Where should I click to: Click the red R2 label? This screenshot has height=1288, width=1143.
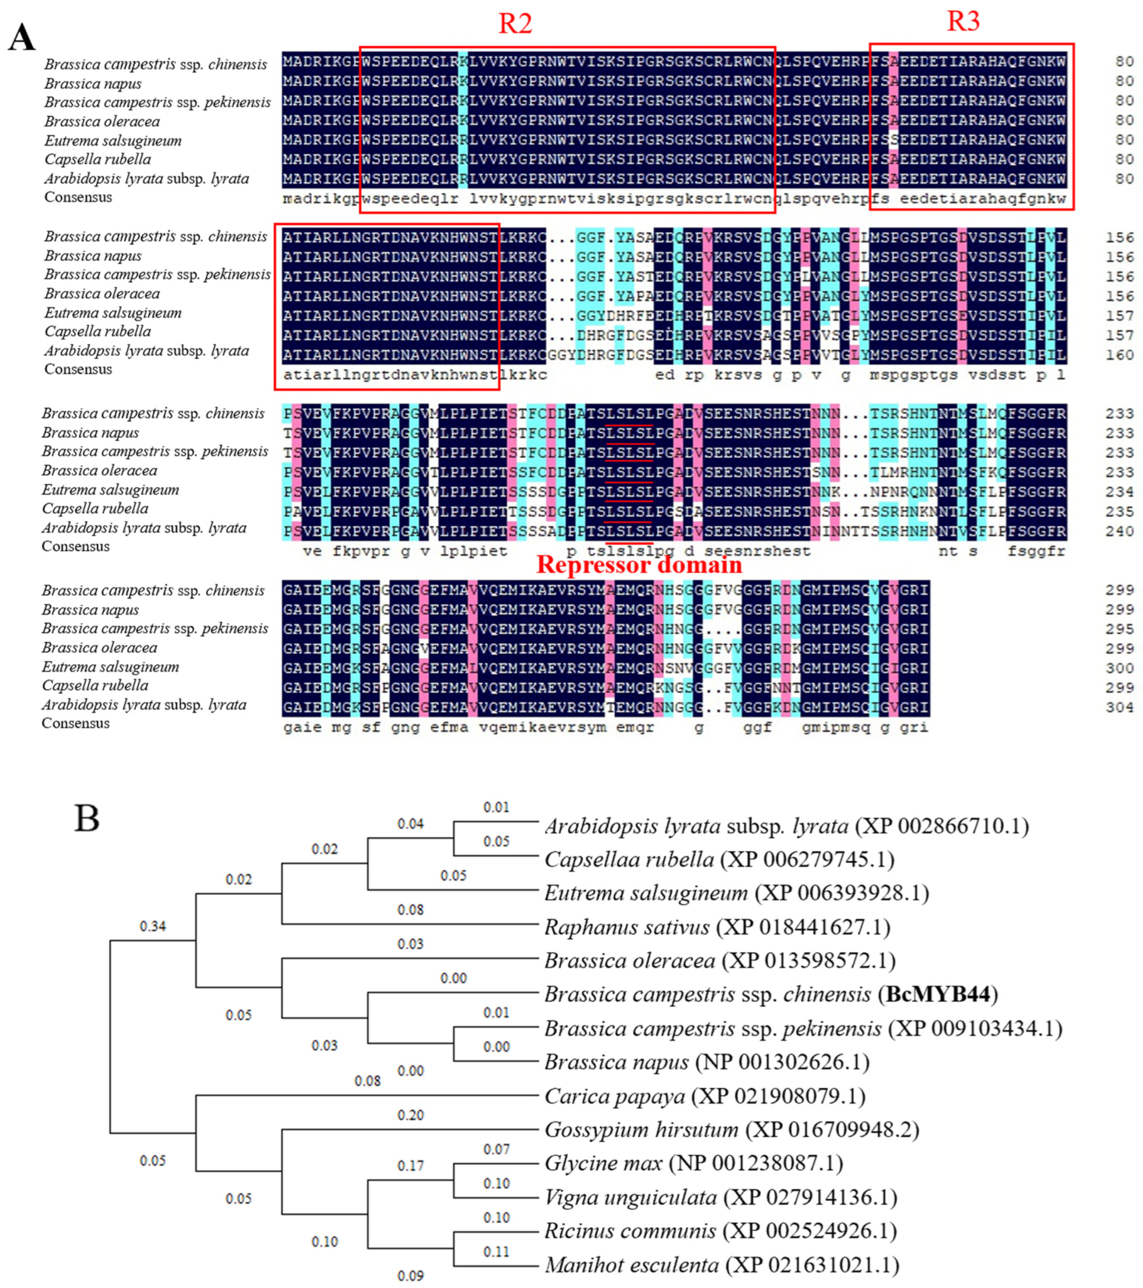[x=515, y=24]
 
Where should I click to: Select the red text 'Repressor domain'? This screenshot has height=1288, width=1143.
[x=639, y=565]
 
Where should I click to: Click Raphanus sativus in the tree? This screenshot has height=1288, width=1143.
[x=626, y=927]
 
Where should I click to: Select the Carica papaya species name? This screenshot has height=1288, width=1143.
[x=614, y=1097]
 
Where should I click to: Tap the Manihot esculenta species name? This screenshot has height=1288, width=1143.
[x=631, y=1265]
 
